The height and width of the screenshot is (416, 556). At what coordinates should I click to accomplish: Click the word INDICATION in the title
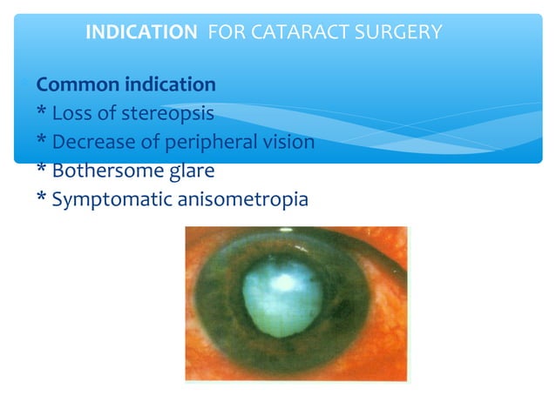(x=141, y=33)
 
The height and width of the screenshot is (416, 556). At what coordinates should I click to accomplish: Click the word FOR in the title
(x=225, y=33)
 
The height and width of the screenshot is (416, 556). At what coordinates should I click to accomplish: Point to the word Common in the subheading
(x=76, y=85)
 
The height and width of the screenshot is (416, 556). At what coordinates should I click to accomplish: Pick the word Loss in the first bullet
(x=71, y=114)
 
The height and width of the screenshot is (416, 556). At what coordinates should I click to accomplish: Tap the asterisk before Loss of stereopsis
(x=41, y=114)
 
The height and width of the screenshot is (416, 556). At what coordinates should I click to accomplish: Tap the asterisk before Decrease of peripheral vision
(x=41, y=143)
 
